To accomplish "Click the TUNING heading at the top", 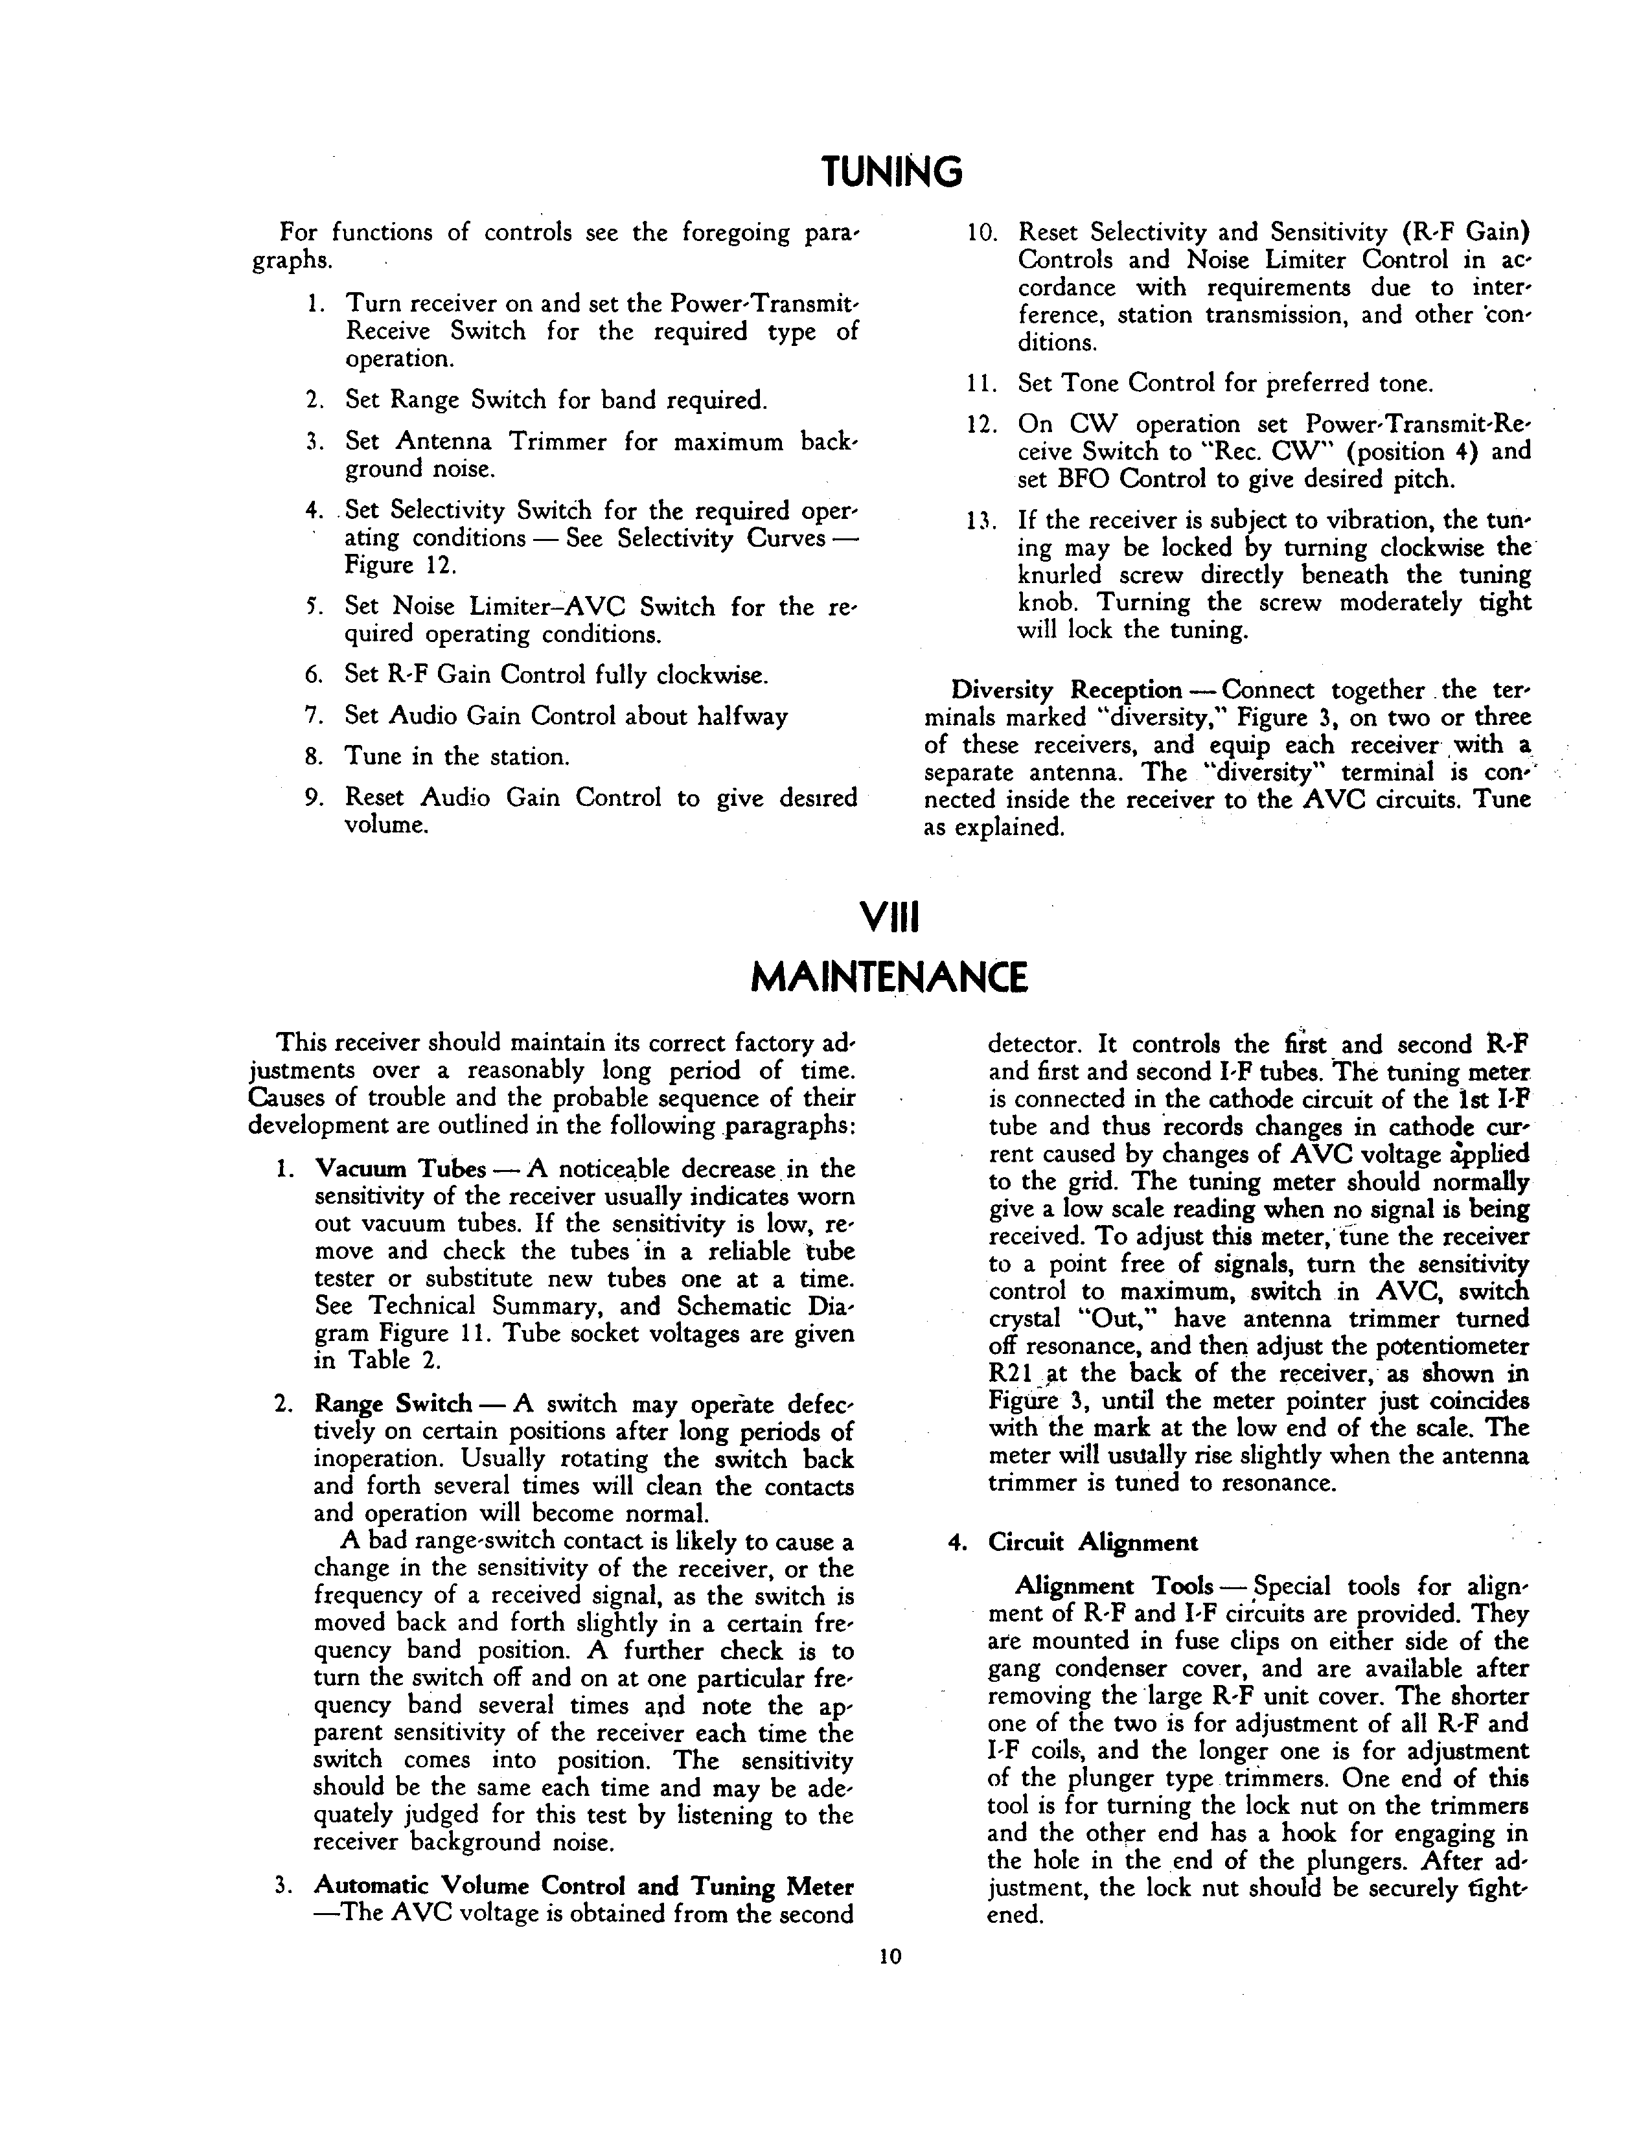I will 891,173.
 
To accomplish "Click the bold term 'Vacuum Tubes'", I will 400,1169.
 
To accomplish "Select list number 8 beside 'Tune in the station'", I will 314,757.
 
